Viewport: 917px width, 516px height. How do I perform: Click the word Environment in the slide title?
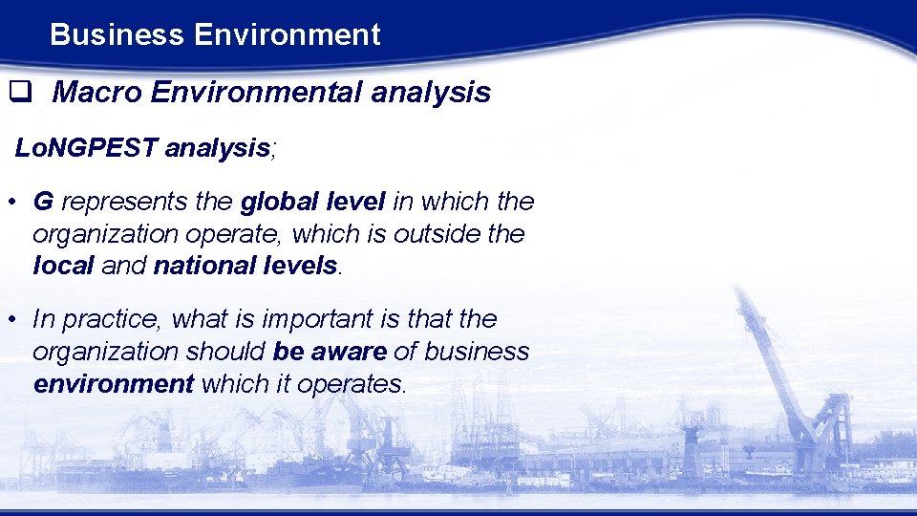[287, 35]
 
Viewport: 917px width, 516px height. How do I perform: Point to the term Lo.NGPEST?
[86, 148]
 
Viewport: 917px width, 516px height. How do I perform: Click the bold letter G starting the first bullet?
[42, 202]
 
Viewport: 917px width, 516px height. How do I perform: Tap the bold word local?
[63, 266]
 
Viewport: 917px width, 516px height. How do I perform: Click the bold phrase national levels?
[245, 266]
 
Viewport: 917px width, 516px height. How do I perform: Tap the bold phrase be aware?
[330, 352]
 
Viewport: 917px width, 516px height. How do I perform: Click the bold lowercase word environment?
[114, 384]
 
